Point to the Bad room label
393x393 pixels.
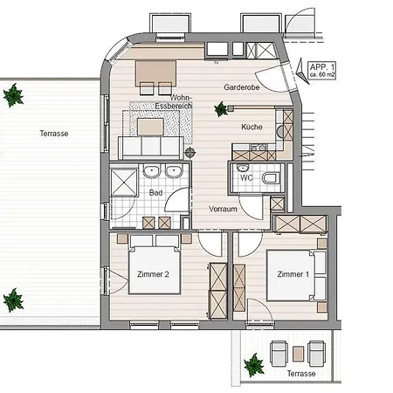tap(156, 192)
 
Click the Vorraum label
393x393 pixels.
tap(224, 210)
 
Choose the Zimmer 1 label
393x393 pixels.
tap(293, 275)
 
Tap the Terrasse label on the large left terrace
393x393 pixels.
tap(53, 134)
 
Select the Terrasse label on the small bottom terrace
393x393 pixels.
tap(301, 374)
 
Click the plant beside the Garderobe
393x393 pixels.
tap(221, 109)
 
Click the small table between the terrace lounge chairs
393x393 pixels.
tap(299, 353)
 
